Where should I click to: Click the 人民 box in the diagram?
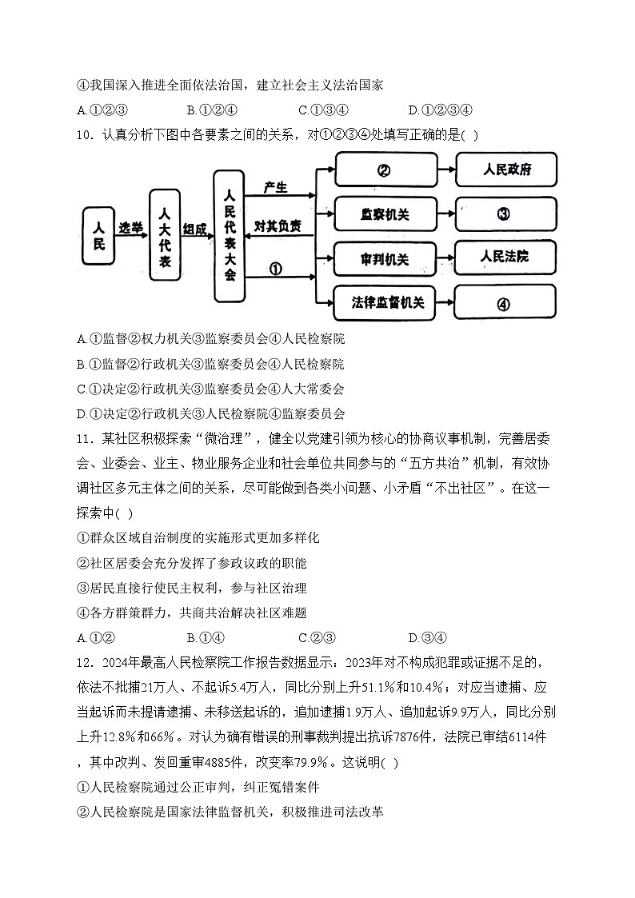coord(99,236)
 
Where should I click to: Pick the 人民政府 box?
coord(505,170)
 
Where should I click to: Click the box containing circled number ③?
coord(505,214)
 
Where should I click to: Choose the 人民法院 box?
coord(505,257)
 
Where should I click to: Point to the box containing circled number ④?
coord(505,304)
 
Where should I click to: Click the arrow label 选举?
coord(131,228)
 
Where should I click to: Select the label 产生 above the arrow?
coord(276,186)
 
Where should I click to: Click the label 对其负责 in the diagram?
coord(278,226)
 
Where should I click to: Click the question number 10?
coord(85,134)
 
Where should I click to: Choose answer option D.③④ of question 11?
coord(428,637)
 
